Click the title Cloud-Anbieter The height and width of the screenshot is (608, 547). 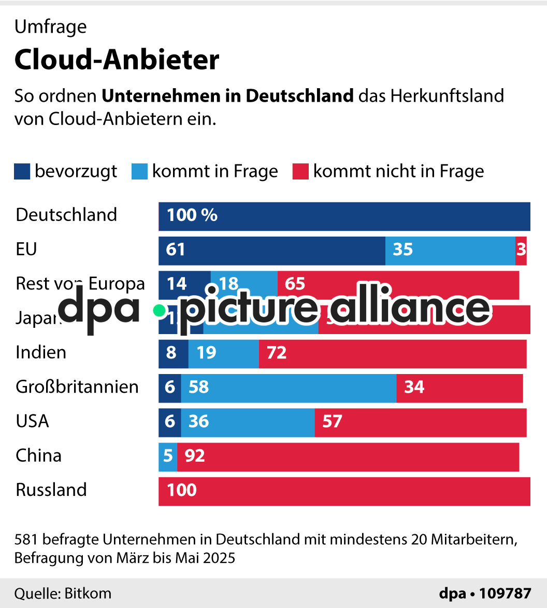click(x=117, y=60)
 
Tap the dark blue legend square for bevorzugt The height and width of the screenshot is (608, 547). click(x=22, y=172)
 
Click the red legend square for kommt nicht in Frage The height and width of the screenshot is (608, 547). click(x=300, y=172)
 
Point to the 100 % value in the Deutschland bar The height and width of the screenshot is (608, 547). click(x=192, y=215)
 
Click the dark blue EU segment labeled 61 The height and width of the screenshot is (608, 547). click(x=271, y=250)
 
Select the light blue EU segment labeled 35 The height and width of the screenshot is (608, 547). click(x=450, y=250)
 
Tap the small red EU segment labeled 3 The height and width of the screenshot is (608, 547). click(x=521, y=250)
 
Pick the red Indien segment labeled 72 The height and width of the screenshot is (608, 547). click(x=392, y=353)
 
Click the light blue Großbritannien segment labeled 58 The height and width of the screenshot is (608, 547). click(x=289, y=388)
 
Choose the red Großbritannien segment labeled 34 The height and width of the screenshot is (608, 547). click(x=459, y=388)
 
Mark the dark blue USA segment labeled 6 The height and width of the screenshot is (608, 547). click(x=169, y=422)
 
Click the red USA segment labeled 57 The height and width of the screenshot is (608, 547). click(x=420, y=422)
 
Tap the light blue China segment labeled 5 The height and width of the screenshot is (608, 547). click(x=167, y=457)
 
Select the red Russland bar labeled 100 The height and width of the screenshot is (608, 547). click(x=344, y=491)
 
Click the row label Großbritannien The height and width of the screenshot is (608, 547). click(x=77, y=387)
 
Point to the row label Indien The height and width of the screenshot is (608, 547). click(x=41, y=353)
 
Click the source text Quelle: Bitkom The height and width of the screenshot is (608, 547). click(x=63, y=593)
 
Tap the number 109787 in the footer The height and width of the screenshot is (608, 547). click(x=505, y=593)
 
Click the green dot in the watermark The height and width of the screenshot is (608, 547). click(x=160, y=310)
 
